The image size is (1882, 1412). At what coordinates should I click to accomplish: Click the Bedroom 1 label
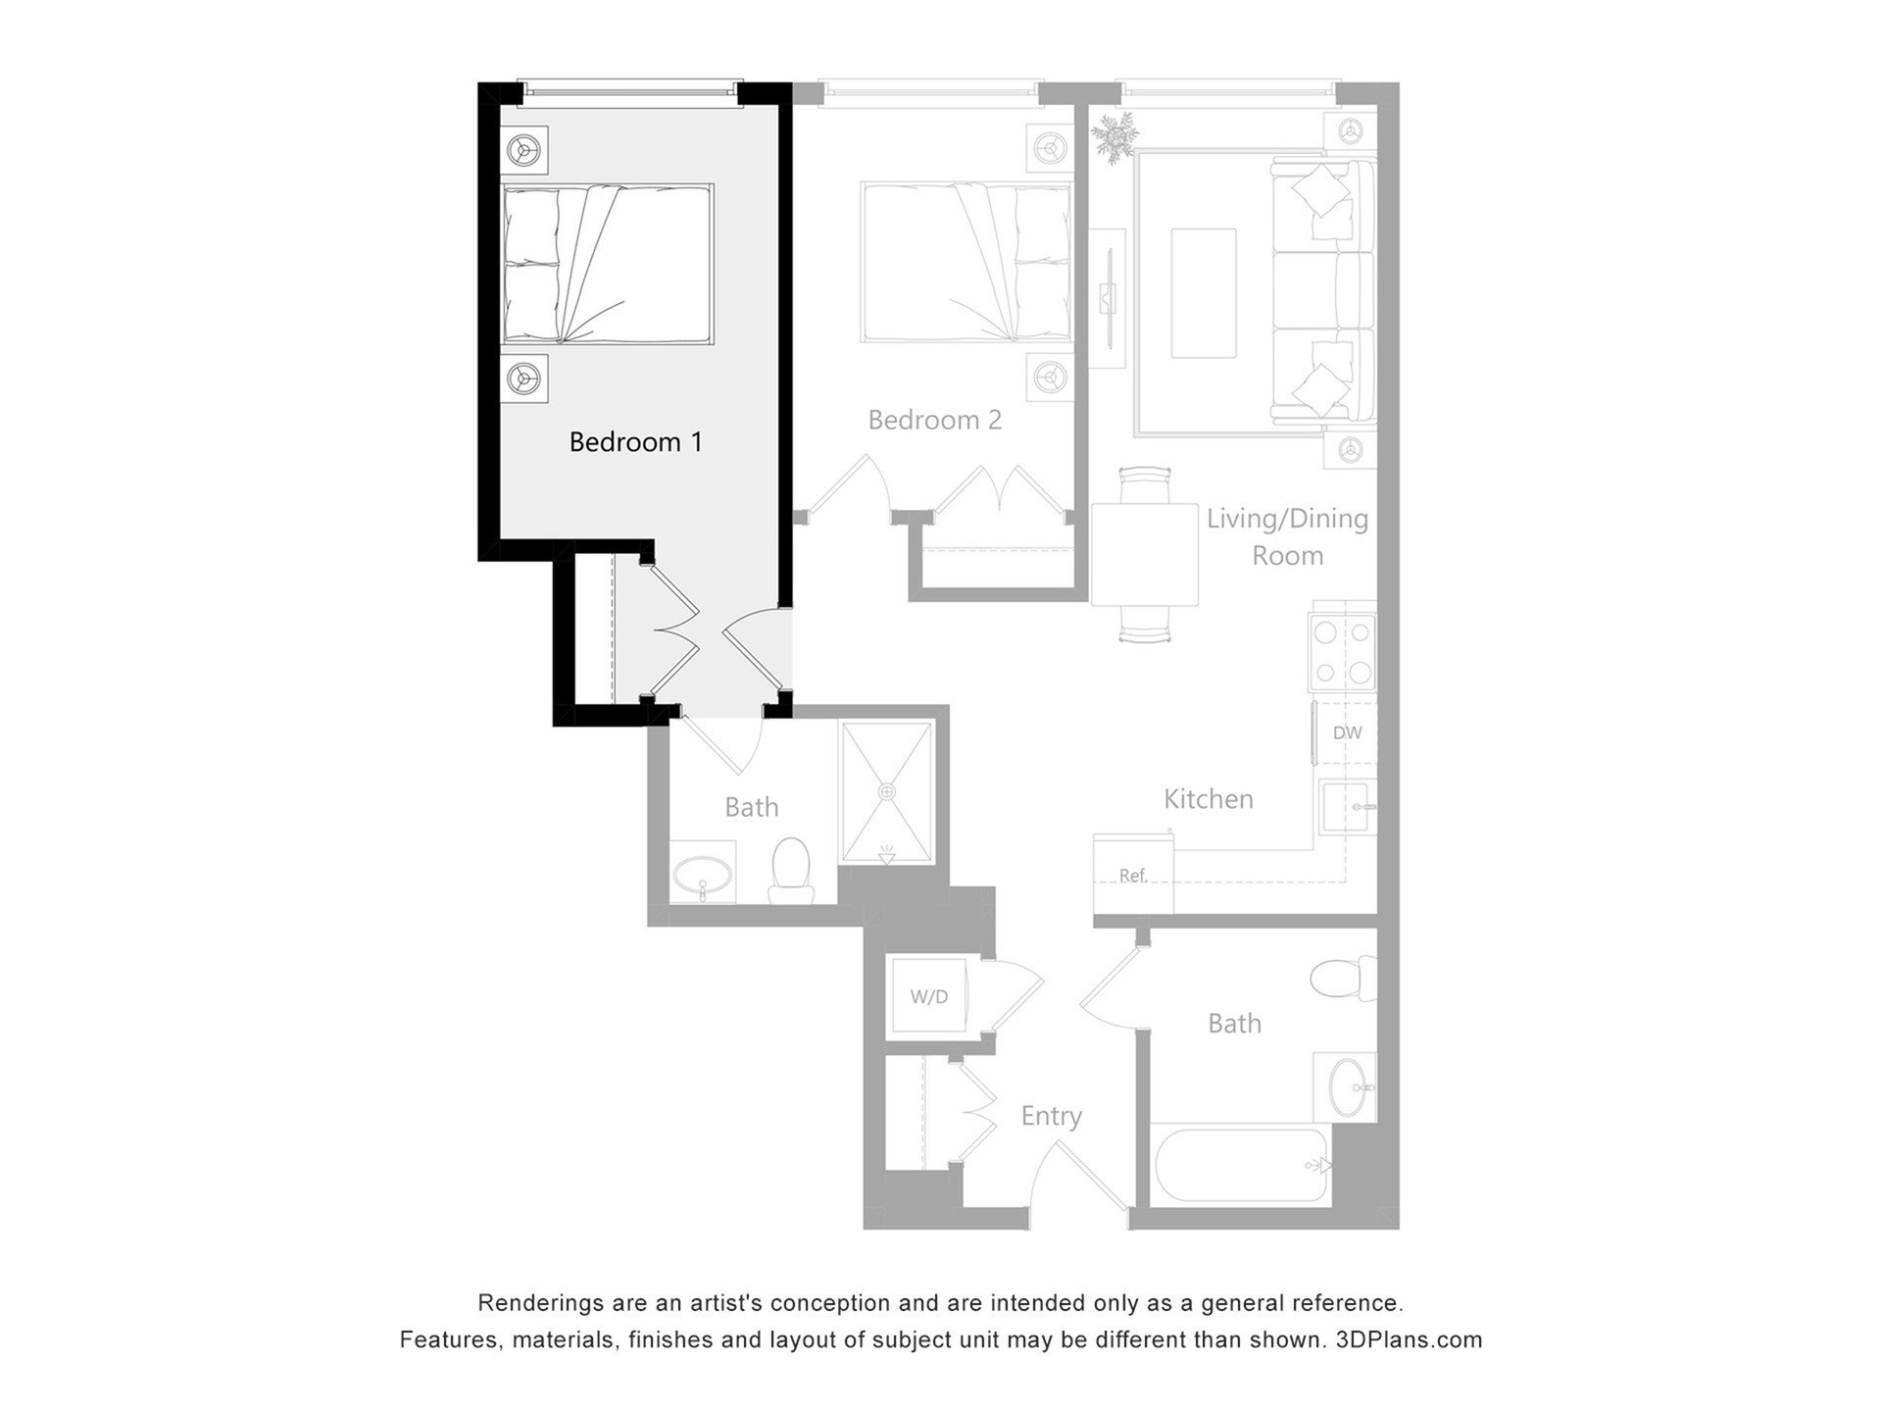click(636, 442)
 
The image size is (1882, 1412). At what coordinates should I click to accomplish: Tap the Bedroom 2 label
click(935, 420)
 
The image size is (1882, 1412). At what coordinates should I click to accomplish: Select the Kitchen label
click(1209, 799)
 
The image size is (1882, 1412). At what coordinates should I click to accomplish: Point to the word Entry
click(1052, 1116)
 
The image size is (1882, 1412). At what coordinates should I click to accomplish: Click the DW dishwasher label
click(1348, 732)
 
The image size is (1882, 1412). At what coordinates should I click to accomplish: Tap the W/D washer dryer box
click(928, 997)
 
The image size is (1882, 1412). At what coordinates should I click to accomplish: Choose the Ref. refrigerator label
click(1133, 876)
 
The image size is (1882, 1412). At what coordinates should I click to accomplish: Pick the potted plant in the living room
click(1114, 135)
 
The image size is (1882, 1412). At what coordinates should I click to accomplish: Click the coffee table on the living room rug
click(1204, 293)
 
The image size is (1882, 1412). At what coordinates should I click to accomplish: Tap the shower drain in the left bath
click(887, 790)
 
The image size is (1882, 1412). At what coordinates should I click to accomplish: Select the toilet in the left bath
click(791, 872)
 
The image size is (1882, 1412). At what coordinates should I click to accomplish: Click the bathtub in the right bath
click(1240, 1165)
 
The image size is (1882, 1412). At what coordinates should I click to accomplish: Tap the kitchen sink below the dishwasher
click(1348, 806)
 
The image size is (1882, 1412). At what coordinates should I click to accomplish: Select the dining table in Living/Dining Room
click(1145, 555)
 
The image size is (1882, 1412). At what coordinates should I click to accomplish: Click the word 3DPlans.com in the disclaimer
click(1409, 1339)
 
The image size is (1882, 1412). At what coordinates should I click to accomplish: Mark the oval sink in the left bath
click(703, 873)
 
